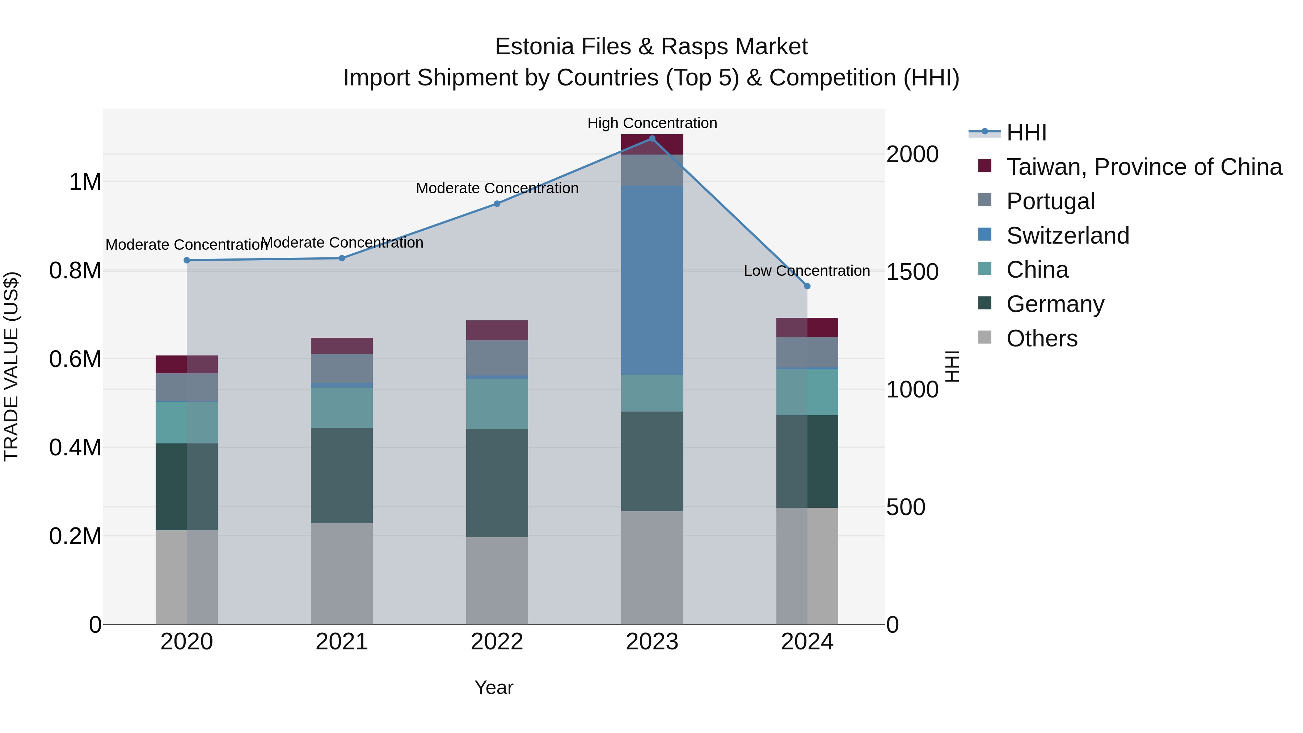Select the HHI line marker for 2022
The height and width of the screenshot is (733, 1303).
click(497, 204)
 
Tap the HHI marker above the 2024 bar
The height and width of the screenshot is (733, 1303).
click(807, 286)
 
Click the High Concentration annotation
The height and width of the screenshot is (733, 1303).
click(651, 123)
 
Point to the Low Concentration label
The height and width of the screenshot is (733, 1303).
click(806, 271)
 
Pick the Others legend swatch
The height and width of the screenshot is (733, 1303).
click(984, 337)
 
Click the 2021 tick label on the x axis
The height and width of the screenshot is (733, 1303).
click(341, 642)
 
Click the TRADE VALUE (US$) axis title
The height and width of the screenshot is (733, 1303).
click(11, 366)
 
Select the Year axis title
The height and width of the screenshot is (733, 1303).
click(494, 687)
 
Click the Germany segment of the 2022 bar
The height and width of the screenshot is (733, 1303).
click(497, 483)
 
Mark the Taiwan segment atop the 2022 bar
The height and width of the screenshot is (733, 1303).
click(497, 330)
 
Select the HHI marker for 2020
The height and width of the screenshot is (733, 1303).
click(187, 261)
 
